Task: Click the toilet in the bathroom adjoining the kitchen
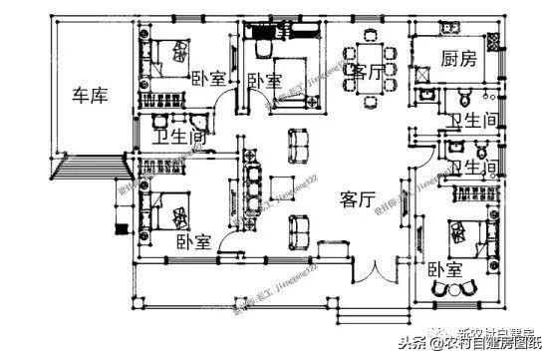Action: point(464,96)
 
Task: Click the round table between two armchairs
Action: point(451,287)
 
